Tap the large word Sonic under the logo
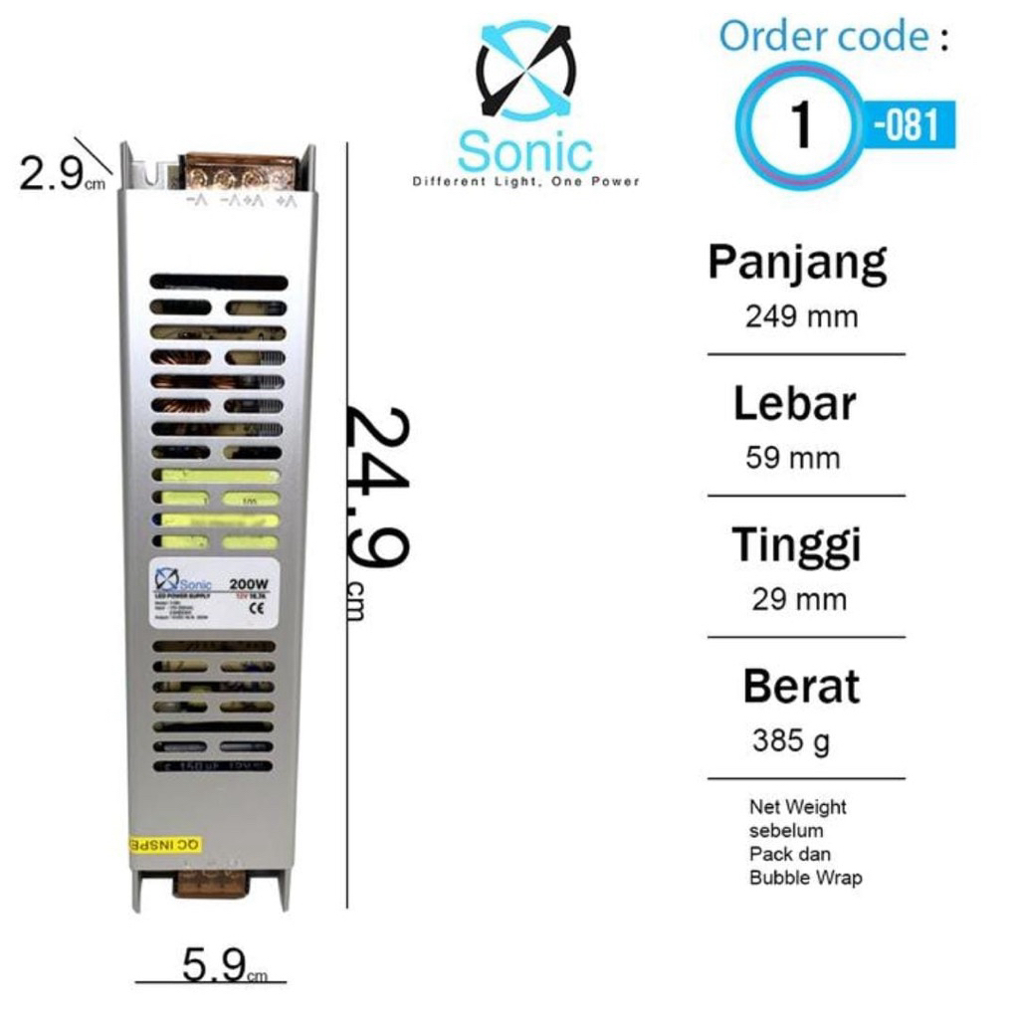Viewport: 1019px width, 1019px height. coord(524,152)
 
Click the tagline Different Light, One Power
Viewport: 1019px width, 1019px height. coord(525,182)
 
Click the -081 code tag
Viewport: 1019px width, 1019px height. coord(907,125)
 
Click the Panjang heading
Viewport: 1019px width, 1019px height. coord(797,263)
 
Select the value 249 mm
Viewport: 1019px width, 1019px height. coord(801,317)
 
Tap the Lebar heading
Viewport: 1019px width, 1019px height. coord(794,404)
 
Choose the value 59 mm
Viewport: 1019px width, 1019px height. coord(792,459)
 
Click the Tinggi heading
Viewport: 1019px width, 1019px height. coord(796,545)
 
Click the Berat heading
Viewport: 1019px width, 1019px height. coord(800,687)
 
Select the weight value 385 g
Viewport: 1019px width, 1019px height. coord(790,741)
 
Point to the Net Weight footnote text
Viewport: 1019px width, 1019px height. coord(805,842)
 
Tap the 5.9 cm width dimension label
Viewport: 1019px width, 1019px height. coord(221,963)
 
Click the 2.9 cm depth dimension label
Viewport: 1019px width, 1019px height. coord(57,175)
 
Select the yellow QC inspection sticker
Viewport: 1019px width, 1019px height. coord(165,845)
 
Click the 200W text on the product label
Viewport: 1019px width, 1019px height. coord(248,584)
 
